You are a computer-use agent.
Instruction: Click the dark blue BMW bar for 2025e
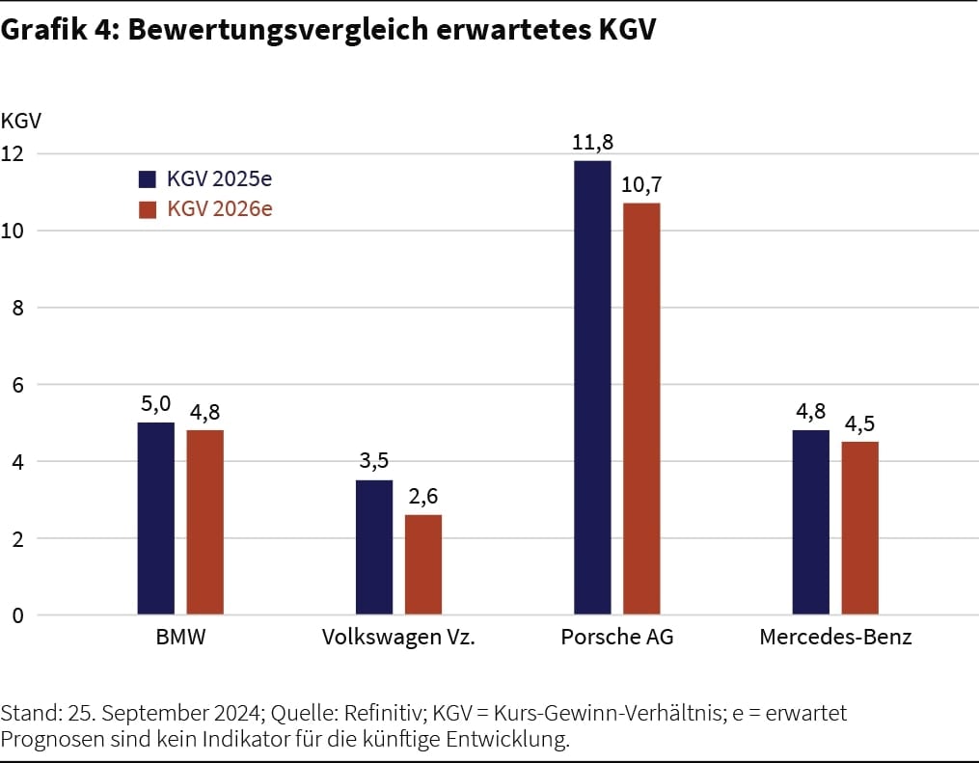155,519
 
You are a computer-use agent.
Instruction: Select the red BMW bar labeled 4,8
204,523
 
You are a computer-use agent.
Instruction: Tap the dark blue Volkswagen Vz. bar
374,548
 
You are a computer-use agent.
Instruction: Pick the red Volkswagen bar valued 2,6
423,565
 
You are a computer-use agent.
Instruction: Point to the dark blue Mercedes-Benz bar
810,523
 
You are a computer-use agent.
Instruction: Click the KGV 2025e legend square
148,179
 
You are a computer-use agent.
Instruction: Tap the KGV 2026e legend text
219,208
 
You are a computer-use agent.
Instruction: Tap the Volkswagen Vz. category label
398,638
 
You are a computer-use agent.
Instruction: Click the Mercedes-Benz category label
835,638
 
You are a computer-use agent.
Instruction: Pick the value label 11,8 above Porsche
592,143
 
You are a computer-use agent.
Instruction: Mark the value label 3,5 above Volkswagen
374,461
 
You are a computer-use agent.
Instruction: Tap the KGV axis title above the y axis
21,122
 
